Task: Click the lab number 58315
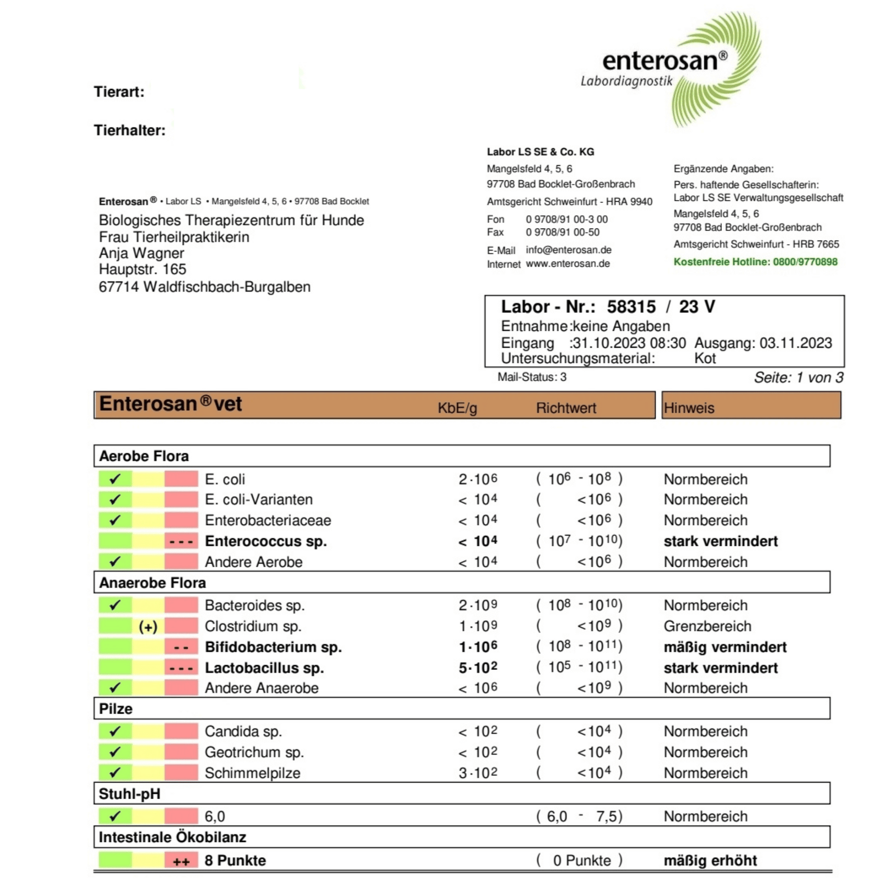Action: click(631, 307)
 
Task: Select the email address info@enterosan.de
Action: click(569, 250)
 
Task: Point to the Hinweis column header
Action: click(689, 407)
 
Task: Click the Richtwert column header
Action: click(566, 407)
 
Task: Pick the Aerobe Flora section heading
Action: click(144, 456)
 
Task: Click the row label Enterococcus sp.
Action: click(266, 541)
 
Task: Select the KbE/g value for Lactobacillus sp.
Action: click(478, 668)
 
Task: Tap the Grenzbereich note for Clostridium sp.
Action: click(707, 626)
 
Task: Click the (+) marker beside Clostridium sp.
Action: click(148, 627)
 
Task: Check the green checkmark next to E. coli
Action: click(115, 479)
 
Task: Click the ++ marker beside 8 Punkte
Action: click(181, 862)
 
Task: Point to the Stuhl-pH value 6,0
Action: click(214, 816)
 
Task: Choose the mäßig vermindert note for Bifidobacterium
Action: click(725, 647)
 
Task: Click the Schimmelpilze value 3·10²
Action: click(478, 773)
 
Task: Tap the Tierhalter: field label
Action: click(130, 131)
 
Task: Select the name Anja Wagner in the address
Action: click(141, 253)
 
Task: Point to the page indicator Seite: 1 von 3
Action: click(799, 377)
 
